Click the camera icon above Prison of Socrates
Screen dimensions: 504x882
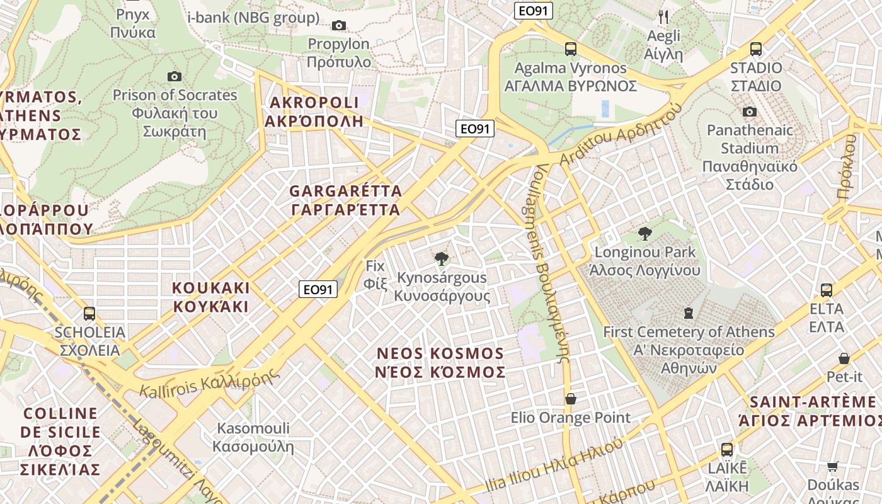coord(175,76)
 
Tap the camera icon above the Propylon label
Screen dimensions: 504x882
coord(339,25)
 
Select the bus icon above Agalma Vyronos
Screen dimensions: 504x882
coord(571,49)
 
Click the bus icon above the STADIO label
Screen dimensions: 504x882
coord(756,49)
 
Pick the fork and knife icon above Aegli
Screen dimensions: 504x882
coord(663,17)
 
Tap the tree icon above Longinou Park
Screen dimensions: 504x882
coord(644,234)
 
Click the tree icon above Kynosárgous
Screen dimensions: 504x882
coord(442,258)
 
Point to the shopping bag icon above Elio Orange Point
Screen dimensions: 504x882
coord(571,399)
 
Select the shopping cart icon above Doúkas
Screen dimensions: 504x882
coord(833,467)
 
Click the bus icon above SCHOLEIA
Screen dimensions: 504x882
coord(89,313)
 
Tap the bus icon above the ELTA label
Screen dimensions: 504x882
coord(827,290)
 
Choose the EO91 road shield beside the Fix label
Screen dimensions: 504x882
coord(318,289)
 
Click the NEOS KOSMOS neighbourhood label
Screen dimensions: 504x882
coord(440,362)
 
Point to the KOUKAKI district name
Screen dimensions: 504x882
coord(211,297)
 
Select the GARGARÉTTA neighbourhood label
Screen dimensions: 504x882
coord(345,200)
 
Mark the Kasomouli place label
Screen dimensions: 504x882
coord(253,437)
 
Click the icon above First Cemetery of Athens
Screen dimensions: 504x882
coord(688,313)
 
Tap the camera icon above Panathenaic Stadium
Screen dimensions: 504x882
coord(750,112)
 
